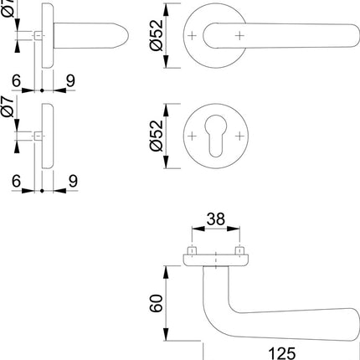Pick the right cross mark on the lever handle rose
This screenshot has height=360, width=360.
pos(241,35)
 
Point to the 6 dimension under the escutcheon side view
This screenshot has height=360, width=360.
pos(16,178)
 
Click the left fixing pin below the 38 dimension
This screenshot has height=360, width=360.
pos(193,251)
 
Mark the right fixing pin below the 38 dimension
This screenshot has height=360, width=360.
pos(241,251)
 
